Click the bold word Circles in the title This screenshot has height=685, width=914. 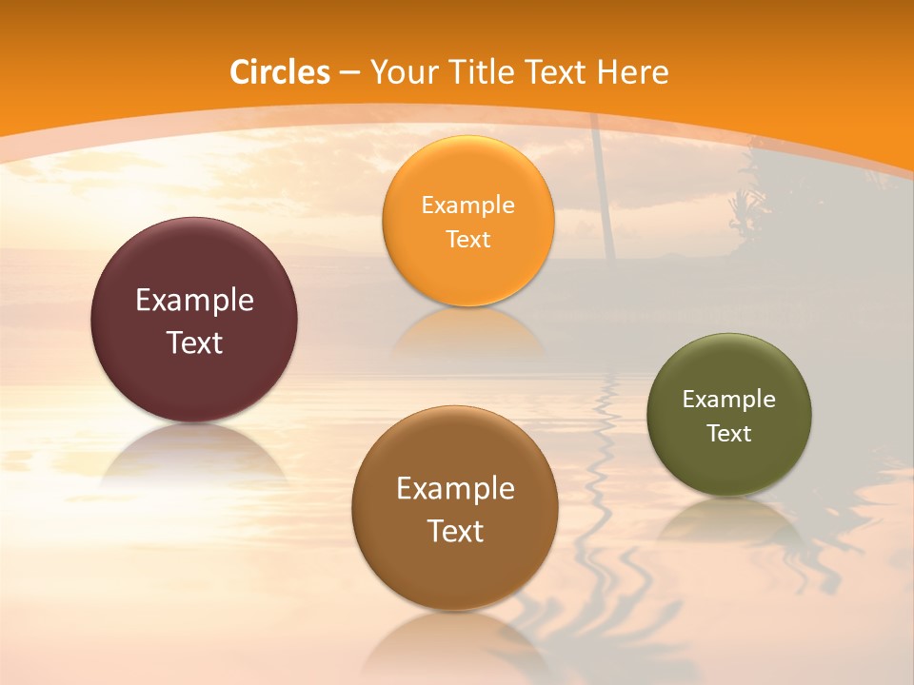click(280, 72)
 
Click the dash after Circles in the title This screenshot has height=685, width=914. click(349, 73)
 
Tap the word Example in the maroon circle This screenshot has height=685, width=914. click(194, 301)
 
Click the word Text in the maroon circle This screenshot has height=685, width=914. click(194, 342)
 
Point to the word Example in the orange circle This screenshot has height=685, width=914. click(467, 205)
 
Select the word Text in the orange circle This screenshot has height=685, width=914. click(467, 239)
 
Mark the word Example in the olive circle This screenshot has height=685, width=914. click(728, 400)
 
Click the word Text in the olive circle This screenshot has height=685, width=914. click(728, 434)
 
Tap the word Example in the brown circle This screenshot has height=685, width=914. click(454, 489)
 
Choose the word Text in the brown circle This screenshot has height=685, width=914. click(454, 531)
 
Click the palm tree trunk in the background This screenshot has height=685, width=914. click(603, 190)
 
